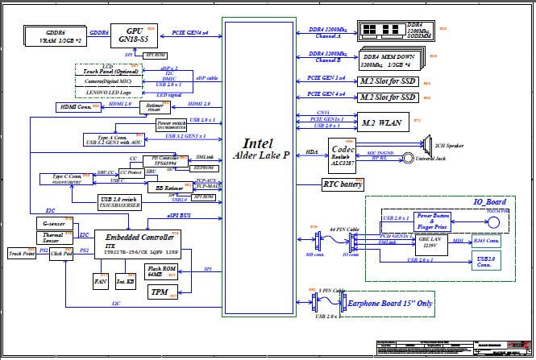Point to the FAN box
[x=100, y=283]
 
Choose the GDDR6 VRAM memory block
[x=55, y=35]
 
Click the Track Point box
[x=22, y=254]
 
